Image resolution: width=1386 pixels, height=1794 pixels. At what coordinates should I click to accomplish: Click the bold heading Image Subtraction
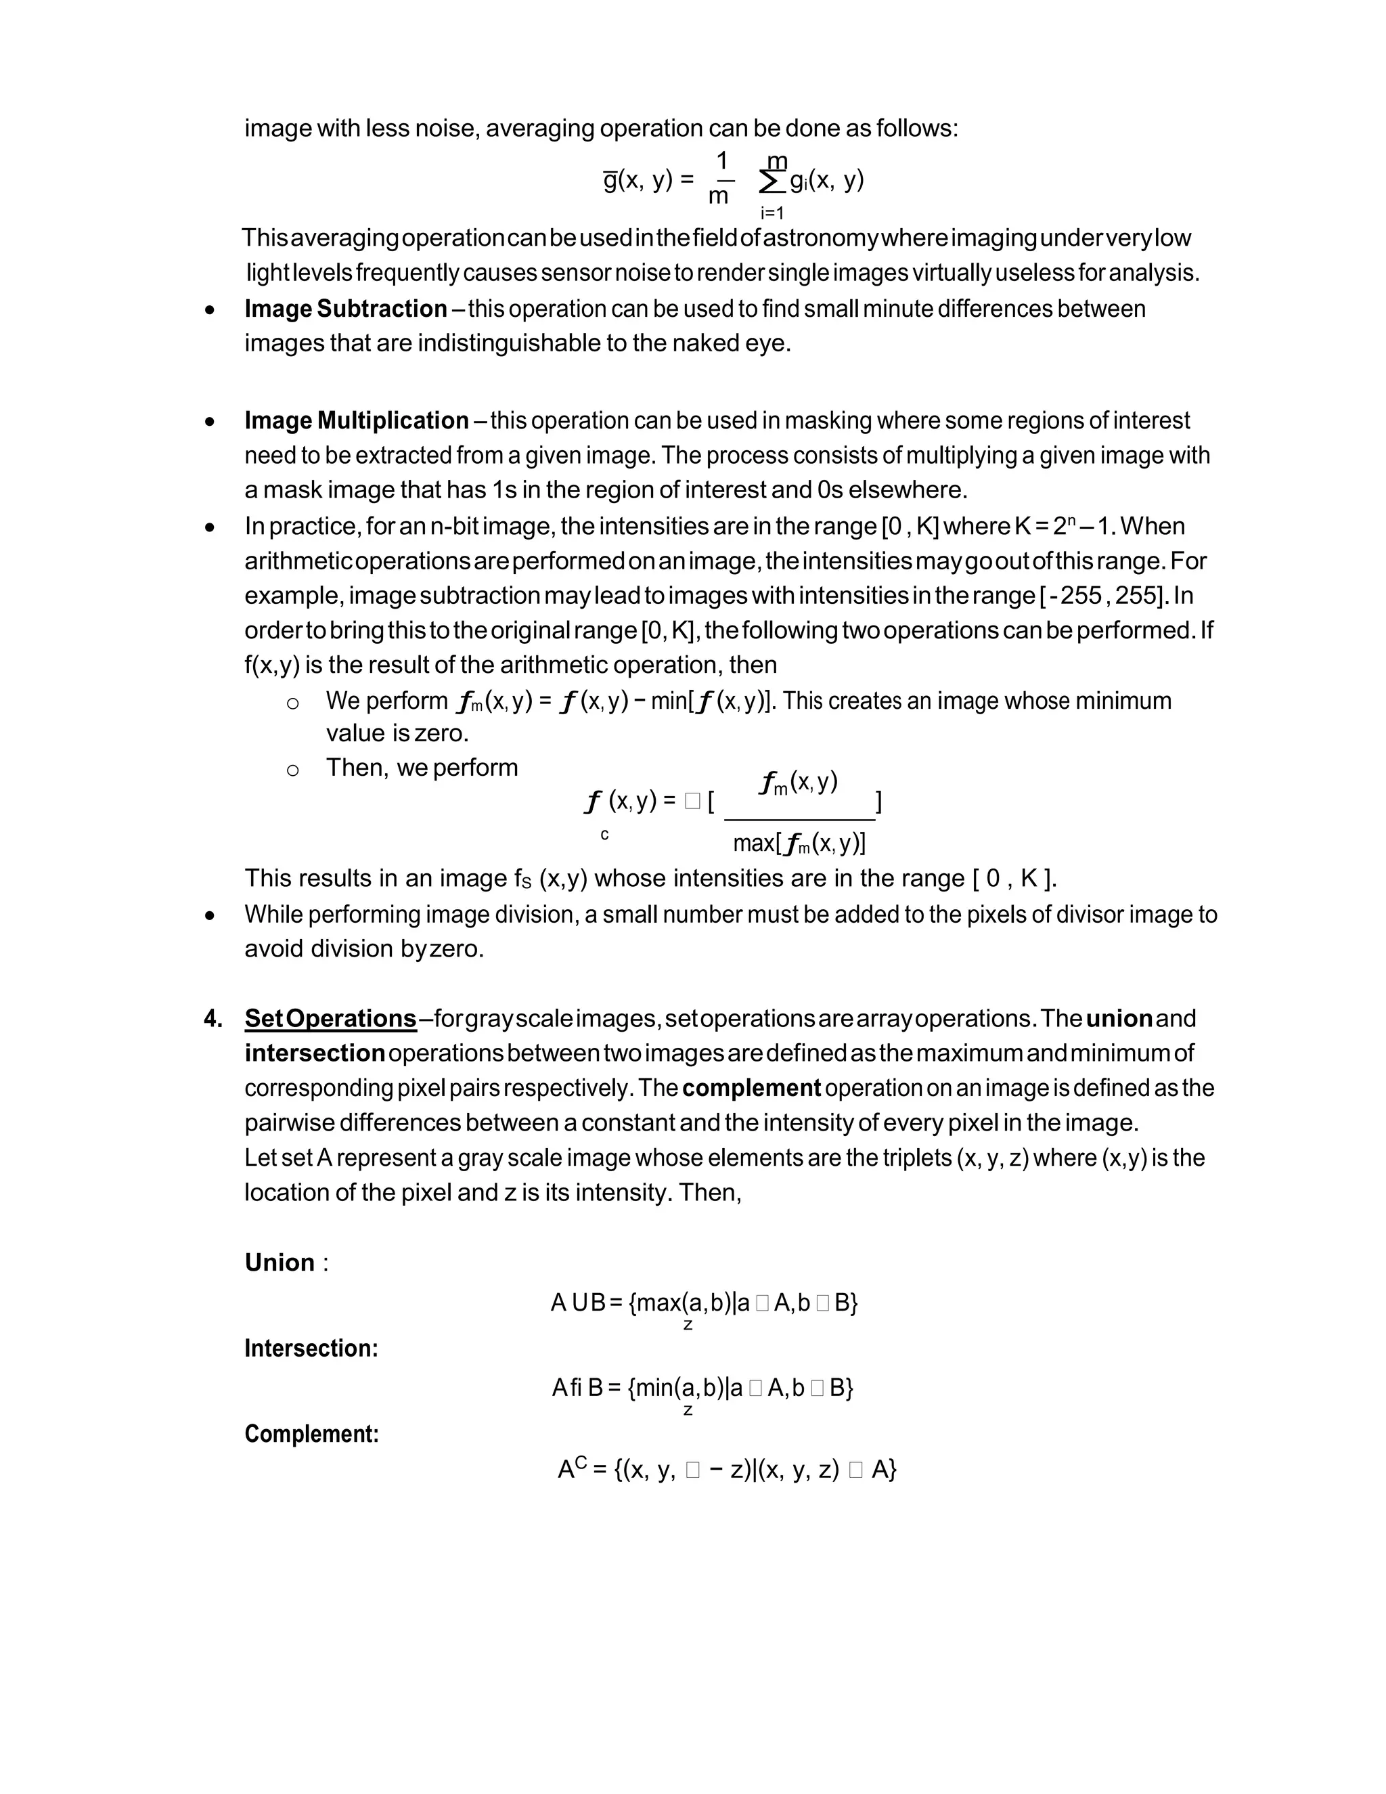click(x=346, y=309)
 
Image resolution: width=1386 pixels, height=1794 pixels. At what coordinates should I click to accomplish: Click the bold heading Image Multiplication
click(x=357, y=420)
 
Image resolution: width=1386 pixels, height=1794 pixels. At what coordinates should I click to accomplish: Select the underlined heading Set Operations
click(x=330, y=1019)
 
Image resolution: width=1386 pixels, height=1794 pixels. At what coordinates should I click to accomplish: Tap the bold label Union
click(x=280, y=1262)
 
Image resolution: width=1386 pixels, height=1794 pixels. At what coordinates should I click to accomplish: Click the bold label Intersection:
click(x=311, y=1348)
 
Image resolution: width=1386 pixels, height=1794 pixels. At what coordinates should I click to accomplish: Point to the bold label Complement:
click(x=311, y=1433)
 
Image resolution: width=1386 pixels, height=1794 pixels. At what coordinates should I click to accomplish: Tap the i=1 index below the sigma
click(x=772, y=213)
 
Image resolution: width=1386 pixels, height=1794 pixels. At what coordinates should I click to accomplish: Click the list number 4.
click(x=213, y=1019)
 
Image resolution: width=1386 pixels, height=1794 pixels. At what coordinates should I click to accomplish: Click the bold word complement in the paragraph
click(x=751, y=1089)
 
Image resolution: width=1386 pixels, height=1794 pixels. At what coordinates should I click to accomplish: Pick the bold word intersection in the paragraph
click(x=315, y=1053)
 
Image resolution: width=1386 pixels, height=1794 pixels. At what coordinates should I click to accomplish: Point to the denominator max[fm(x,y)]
click(x=799, y=844)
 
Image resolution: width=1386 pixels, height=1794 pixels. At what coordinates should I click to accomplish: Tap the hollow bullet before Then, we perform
click(x=292, y=770)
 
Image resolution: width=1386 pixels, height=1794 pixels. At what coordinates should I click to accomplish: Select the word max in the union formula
click(x=658, y=1303)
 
